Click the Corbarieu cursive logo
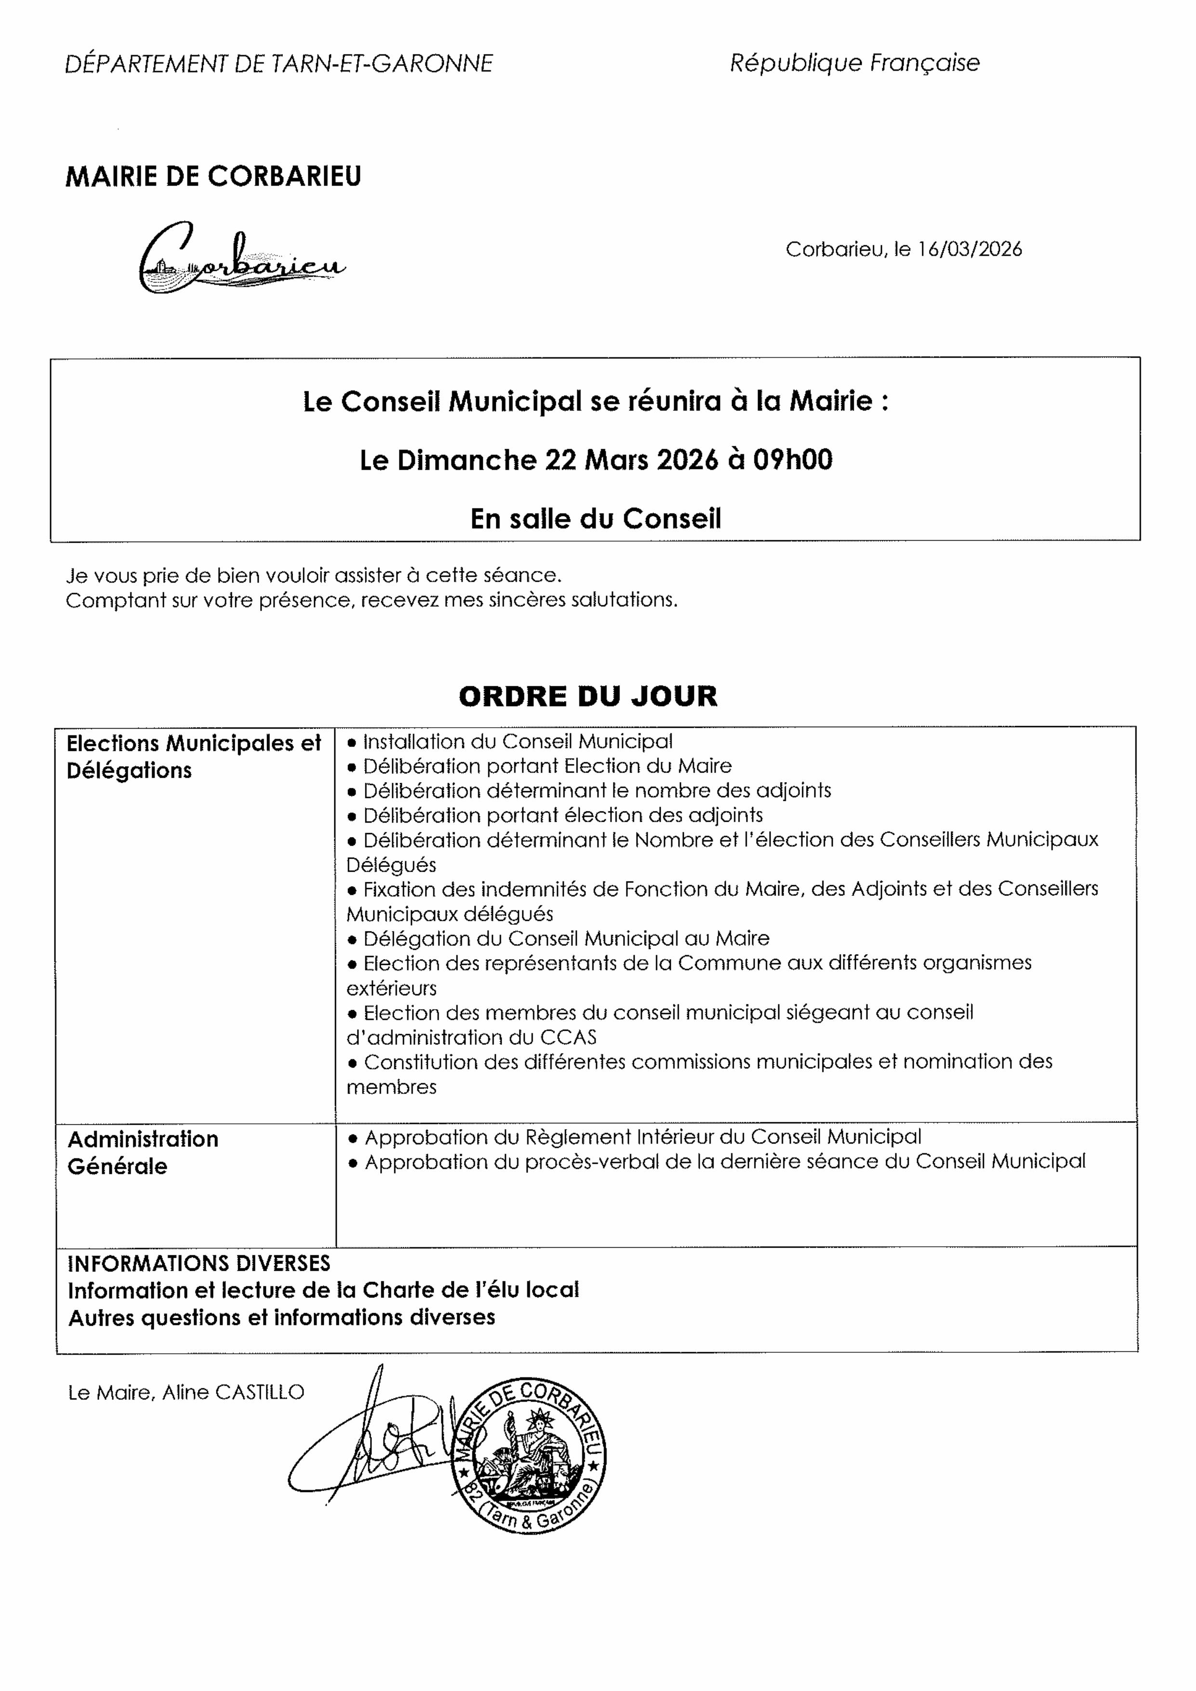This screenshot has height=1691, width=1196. point(241,258)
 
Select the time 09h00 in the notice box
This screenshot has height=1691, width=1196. point(792,460)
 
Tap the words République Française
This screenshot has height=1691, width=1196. point(854,63)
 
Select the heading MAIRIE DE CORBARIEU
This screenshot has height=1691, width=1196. point(213,177)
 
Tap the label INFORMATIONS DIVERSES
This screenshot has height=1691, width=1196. point(199,1264)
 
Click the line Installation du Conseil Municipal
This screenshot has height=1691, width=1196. point(518,742)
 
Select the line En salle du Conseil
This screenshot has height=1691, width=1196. point(596,519)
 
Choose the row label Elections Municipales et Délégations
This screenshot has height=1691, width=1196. point(194,757)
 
